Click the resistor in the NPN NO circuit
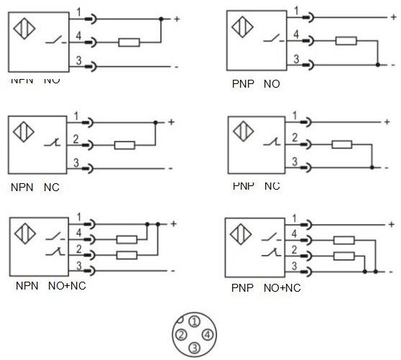coord(129,42)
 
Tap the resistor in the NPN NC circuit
coord(124,144)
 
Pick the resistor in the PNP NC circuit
coord(341,144)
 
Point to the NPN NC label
coord(34,188)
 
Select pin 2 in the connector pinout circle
coord(182,335)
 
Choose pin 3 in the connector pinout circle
coord(193,348)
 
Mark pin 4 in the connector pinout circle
coord(206,335)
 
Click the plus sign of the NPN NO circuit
coord(177,18)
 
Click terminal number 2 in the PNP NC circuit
coord(293,137)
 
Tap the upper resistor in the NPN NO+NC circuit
coord(127,239)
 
